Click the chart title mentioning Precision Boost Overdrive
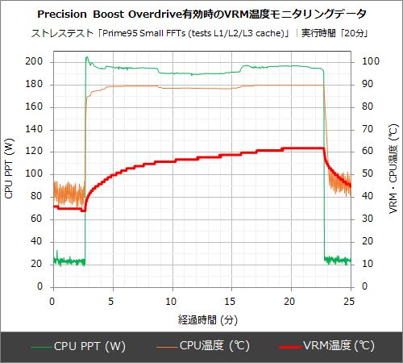[x=201, y=15]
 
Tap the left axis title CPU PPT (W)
[x=9, y=169]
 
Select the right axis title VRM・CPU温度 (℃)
[x=393, y=169]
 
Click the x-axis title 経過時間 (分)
[x=201, y=319]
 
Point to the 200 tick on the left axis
[x=37, y=61]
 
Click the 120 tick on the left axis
[x=37, y=152]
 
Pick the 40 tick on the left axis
[x=39, y=241]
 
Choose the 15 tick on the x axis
[x=231, y=301]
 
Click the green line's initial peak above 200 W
[x=86, y=57]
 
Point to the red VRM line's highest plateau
[x=302, y=148]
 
